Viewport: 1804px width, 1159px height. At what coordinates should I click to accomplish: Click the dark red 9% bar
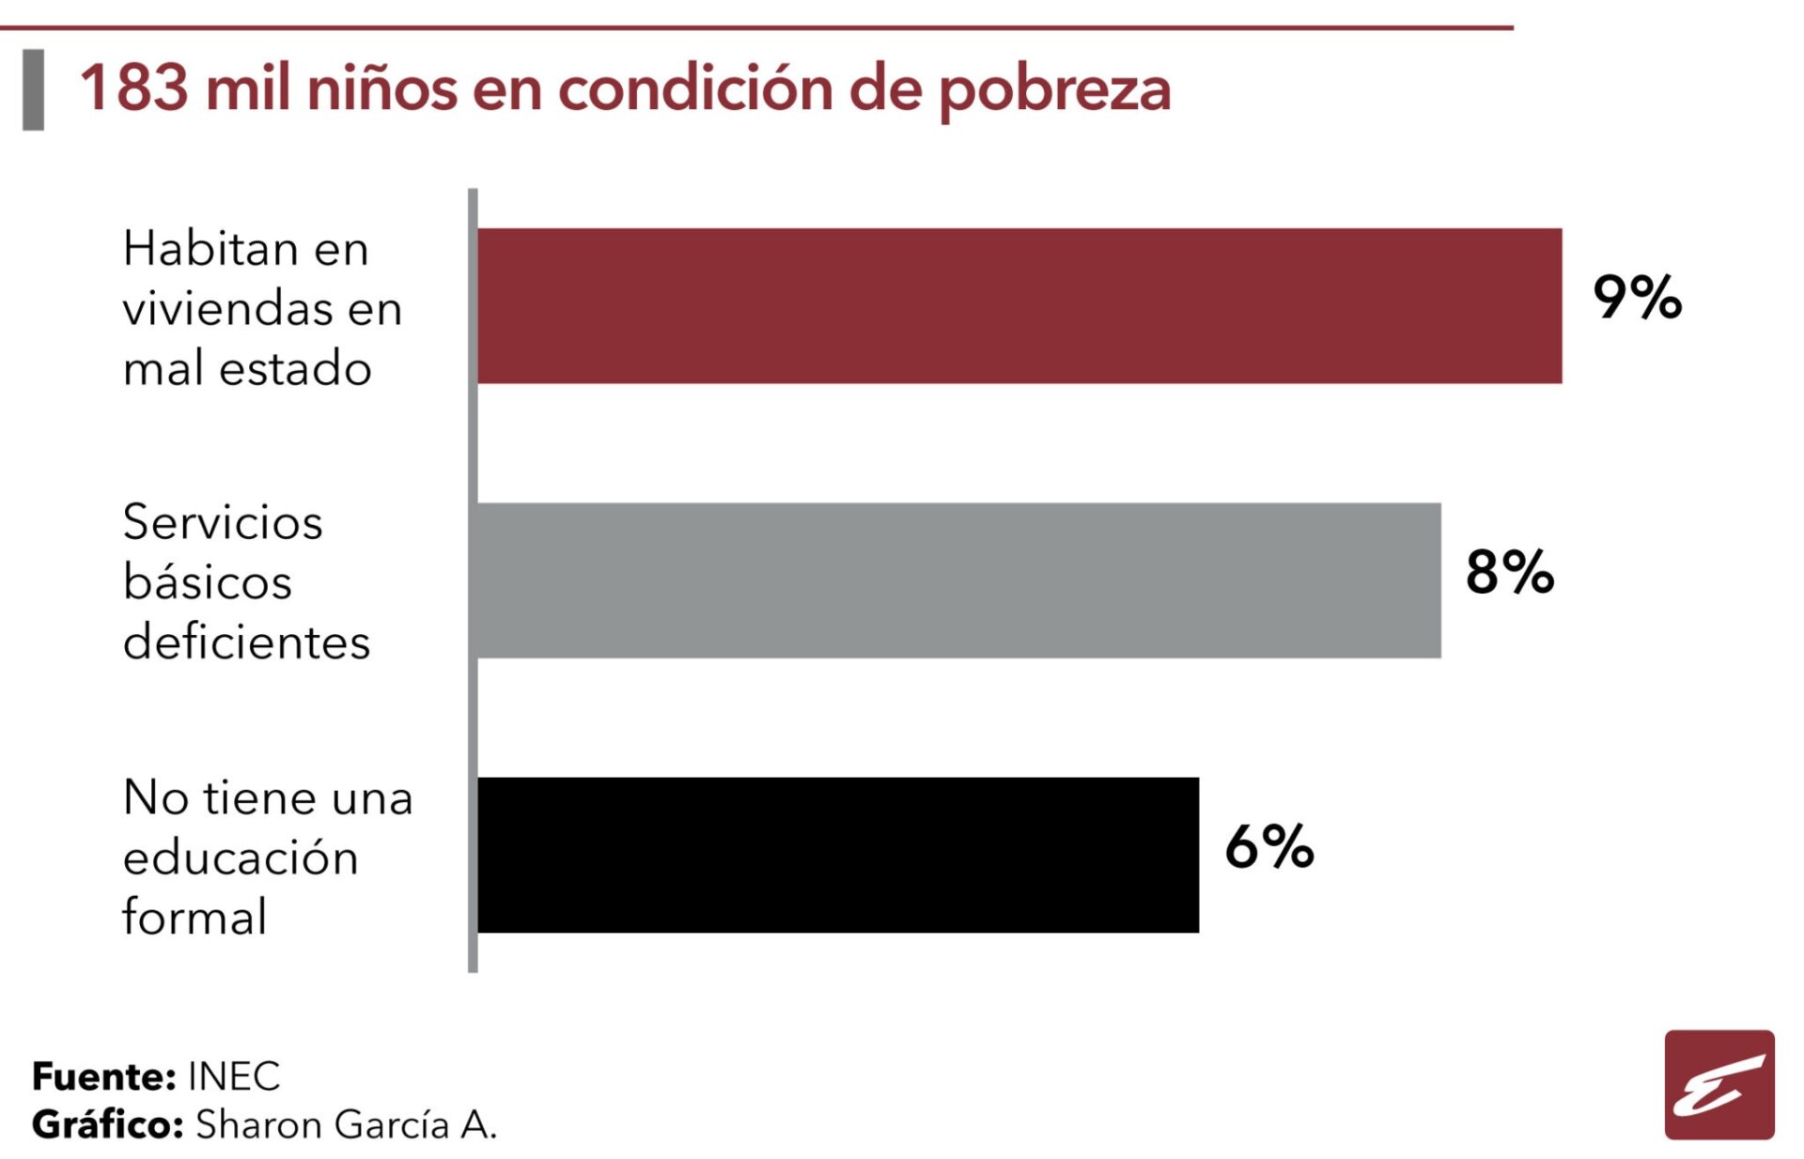[1019, 305]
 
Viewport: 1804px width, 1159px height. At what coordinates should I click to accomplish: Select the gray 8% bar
[958, 579]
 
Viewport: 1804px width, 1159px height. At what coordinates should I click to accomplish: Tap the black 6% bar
[838, 855]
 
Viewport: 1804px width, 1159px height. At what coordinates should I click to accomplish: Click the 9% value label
[1637, 298]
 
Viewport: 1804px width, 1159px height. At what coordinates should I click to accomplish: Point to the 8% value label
[1509, 572]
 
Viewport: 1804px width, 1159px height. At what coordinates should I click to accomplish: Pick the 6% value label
[1268, 846]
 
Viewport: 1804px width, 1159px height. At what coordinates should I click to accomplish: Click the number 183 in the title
[134, 88]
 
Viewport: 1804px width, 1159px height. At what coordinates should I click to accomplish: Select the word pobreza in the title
[1054, 90]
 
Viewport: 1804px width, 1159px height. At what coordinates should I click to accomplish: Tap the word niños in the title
[382, 88]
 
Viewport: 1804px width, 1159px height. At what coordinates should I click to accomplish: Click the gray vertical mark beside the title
[34, 89]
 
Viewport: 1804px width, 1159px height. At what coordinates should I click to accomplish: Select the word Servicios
[223, 522]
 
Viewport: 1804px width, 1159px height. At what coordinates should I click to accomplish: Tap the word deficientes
[246, 642]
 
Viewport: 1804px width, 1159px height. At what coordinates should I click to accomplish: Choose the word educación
[241, 858]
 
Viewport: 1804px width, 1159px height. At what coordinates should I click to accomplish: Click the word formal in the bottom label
[194, 917]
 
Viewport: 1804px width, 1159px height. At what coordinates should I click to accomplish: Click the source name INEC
[234, 1076]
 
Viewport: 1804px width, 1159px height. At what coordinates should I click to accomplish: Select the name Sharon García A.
[346, 1124]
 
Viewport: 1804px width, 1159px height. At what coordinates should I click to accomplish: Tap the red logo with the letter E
[1718, 1085]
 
